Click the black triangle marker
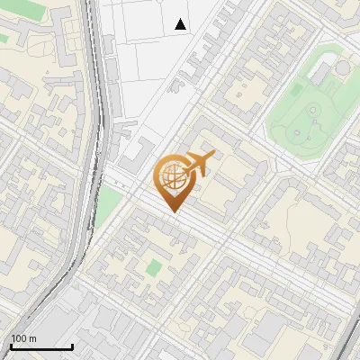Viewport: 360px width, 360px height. point(181,24)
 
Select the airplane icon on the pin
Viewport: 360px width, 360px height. point(199,164)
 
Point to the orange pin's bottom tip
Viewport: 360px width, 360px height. point(172,211)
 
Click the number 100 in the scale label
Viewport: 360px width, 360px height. point(18,338)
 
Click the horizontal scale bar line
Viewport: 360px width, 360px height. point(40,346)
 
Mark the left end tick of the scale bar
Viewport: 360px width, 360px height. point(10,345)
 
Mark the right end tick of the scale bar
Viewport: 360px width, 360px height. point(72,345)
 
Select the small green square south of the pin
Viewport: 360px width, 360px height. point(155,267)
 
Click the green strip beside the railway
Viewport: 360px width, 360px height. point(107,205)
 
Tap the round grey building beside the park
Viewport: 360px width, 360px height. point(343,67)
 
